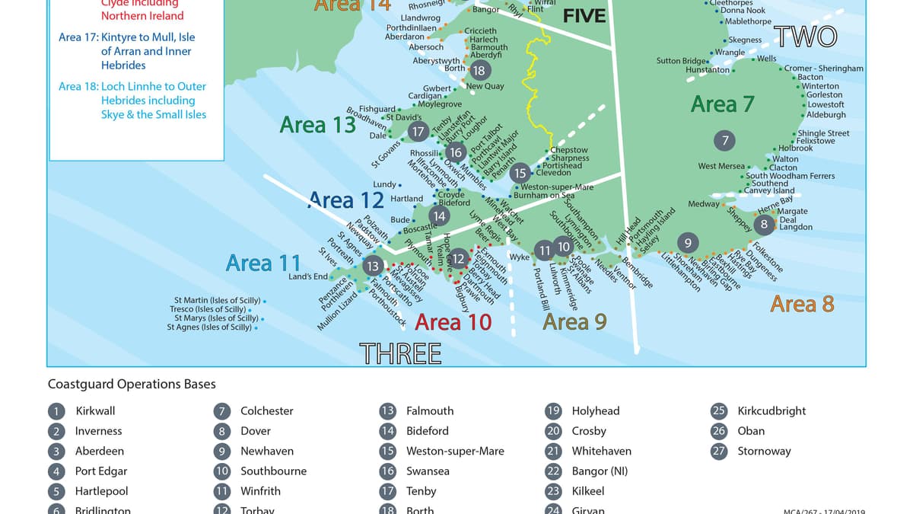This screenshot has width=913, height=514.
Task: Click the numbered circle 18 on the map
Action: click(x=479, y=71)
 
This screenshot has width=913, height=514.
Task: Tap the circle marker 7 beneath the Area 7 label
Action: click(x=725, y=140)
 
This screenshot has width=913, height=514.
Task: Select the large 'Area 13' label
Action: click(x=318, y=124)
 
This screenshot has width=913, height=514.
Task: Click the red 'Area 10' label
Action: click(x=453, y=322)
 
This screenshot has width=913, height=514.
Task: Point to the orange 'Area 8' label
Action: click(x=802, y=304)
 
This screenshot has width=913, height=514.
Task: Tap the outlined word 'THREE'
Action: click(x=400, y=353)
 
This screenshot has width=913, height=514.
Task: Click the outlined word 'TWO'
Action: click(x=806, y=37)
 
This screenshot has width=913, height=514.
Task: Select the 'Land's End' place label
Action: click(x=308, y=276)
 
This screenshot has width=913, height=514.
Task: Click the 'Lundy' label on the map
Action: click(x=384, y=184)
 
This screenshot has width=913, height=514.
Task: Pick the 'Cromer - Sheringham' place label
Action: click(x=824, y=68)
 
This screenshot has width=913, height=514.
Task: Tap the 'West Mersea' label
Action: click(x=721, y=166)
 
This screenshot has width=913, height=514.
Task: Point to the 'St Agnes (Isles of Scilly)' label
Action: click(x=209, y=327)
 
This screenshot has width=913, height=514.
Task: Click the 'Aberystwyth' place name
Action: click(x=436, y=61)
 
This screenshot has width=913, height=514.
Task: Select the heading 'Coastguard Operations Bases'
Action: click(x=132, y=385)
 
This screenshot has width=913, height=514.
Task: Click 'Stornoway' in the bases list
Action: click(x=764, y=451)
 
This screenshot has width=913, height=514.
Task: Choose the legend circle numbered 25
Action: click(x=719, y=411)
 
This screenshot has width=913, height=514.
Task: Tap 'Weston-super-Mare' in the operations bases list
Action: click(x=455, y=451)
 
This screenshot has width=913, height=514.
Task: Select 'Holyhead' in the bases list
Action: click(x=596, y=410)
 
